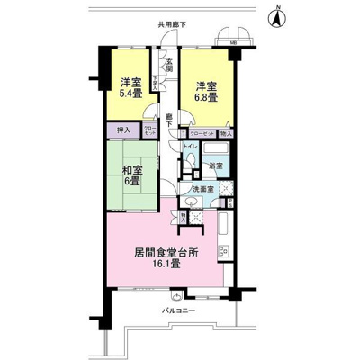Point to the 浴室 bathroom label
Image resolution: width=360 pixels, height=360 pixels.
pyautogui.click(x=217, y=167)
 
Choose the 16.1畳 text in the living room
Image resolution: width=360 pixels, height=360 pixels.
pyautogui.click(x=166, y=265)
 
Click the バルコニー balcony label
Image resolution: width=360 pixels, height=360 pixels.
pyautogui.click(x=178, y=311)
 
